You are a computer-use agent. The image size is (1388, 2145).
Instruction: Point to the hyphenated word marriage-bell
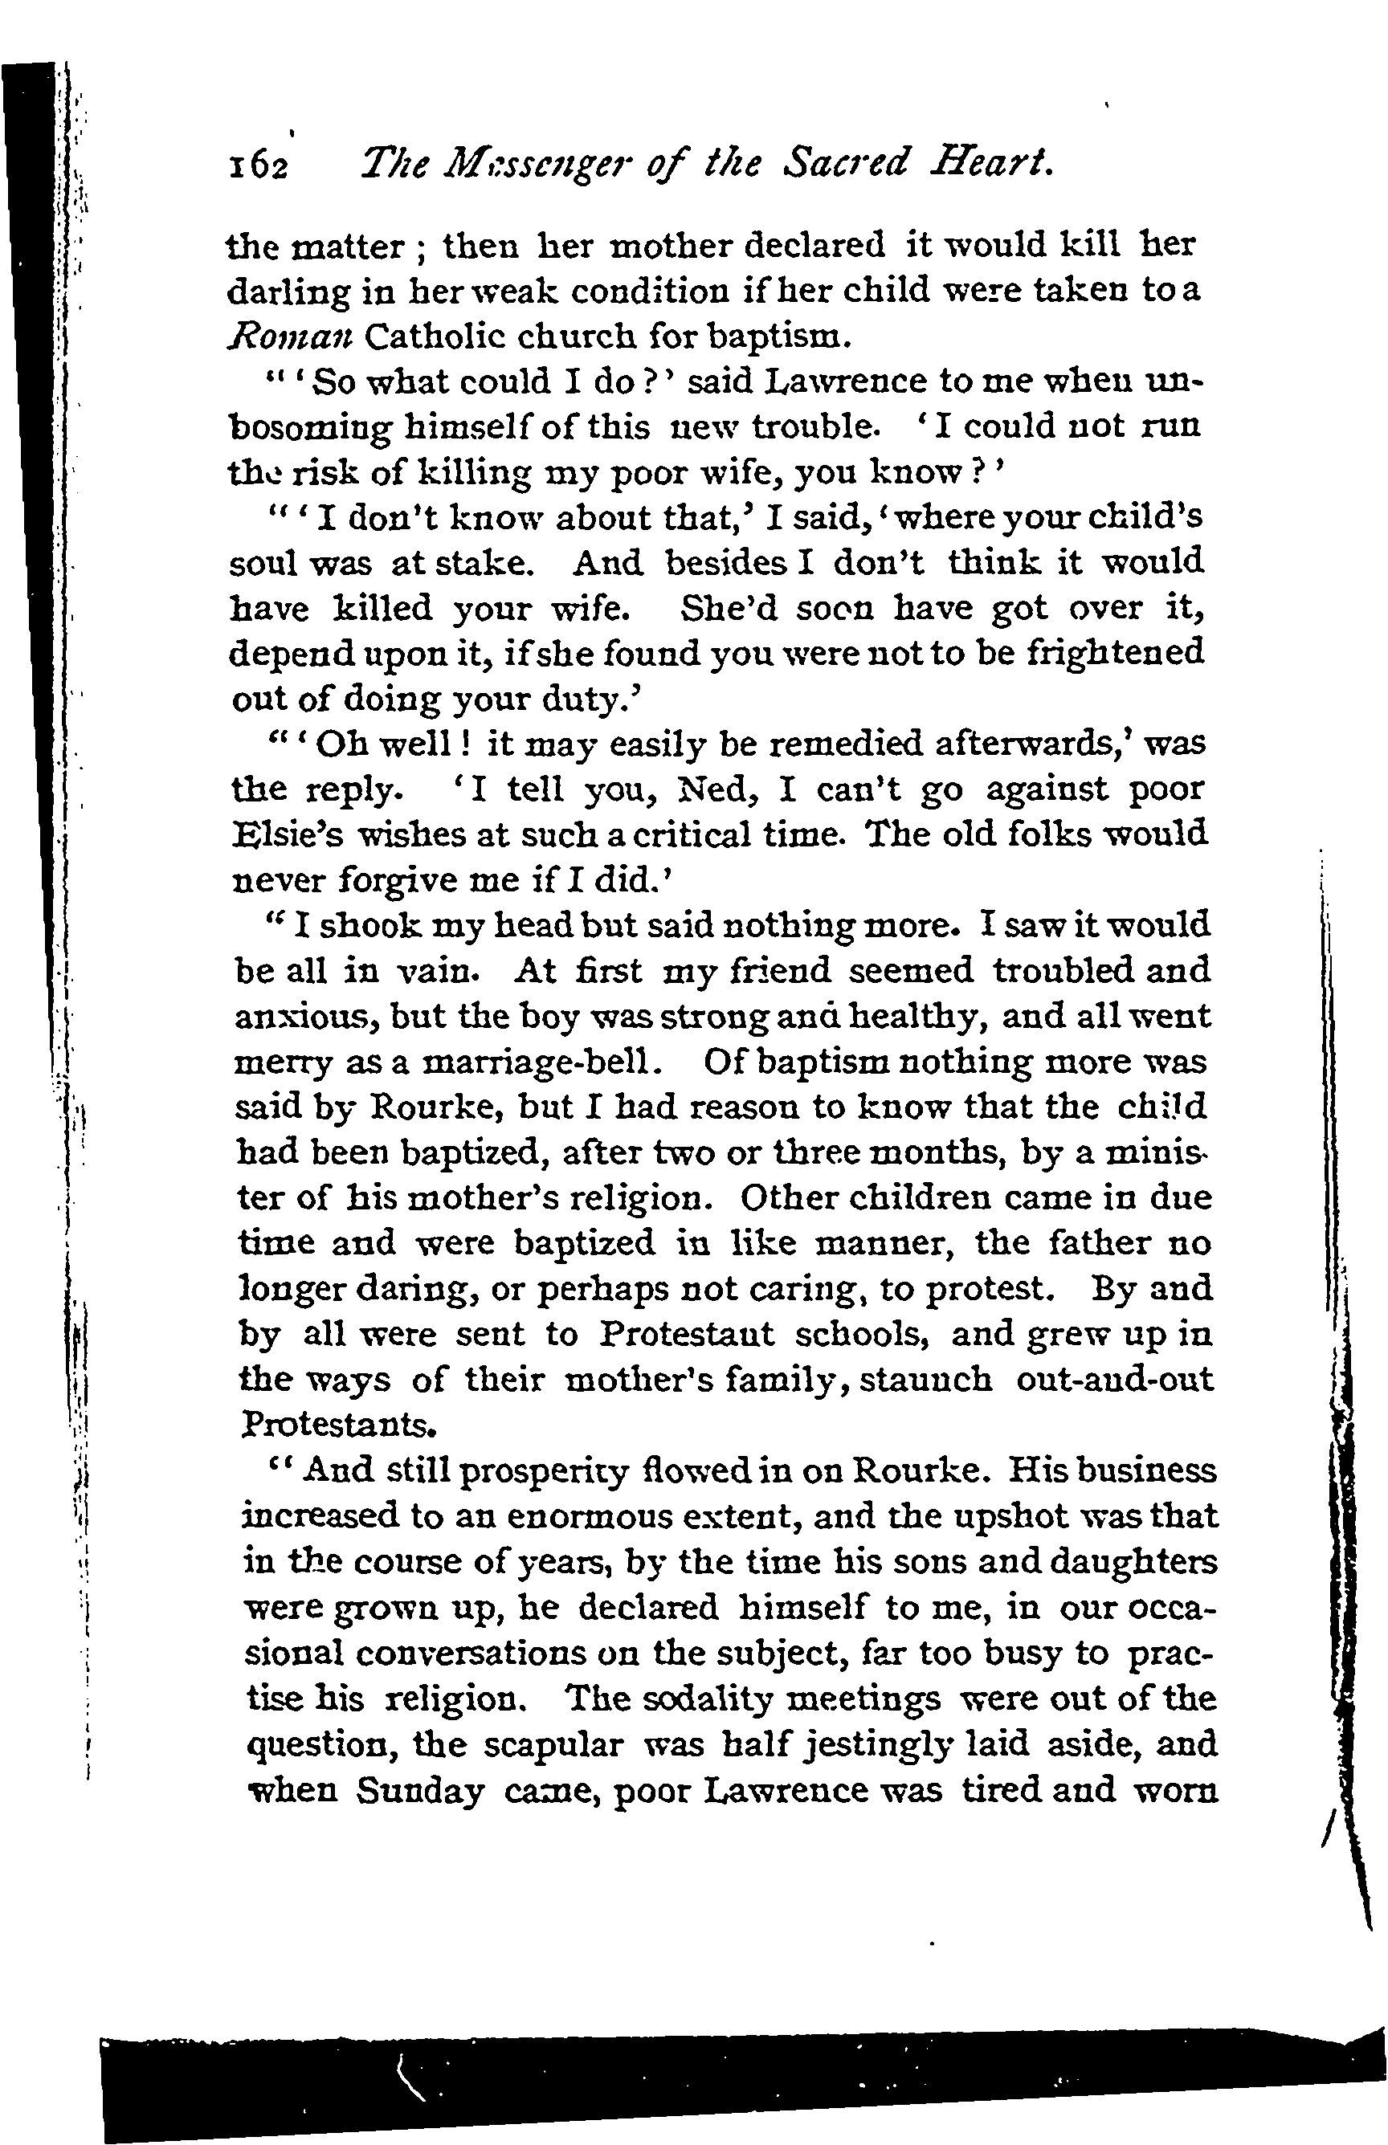click(x=538, y=1062)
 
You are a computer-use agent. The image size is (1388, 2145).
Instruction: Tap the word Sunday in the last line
click(x=421, y=1791)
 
